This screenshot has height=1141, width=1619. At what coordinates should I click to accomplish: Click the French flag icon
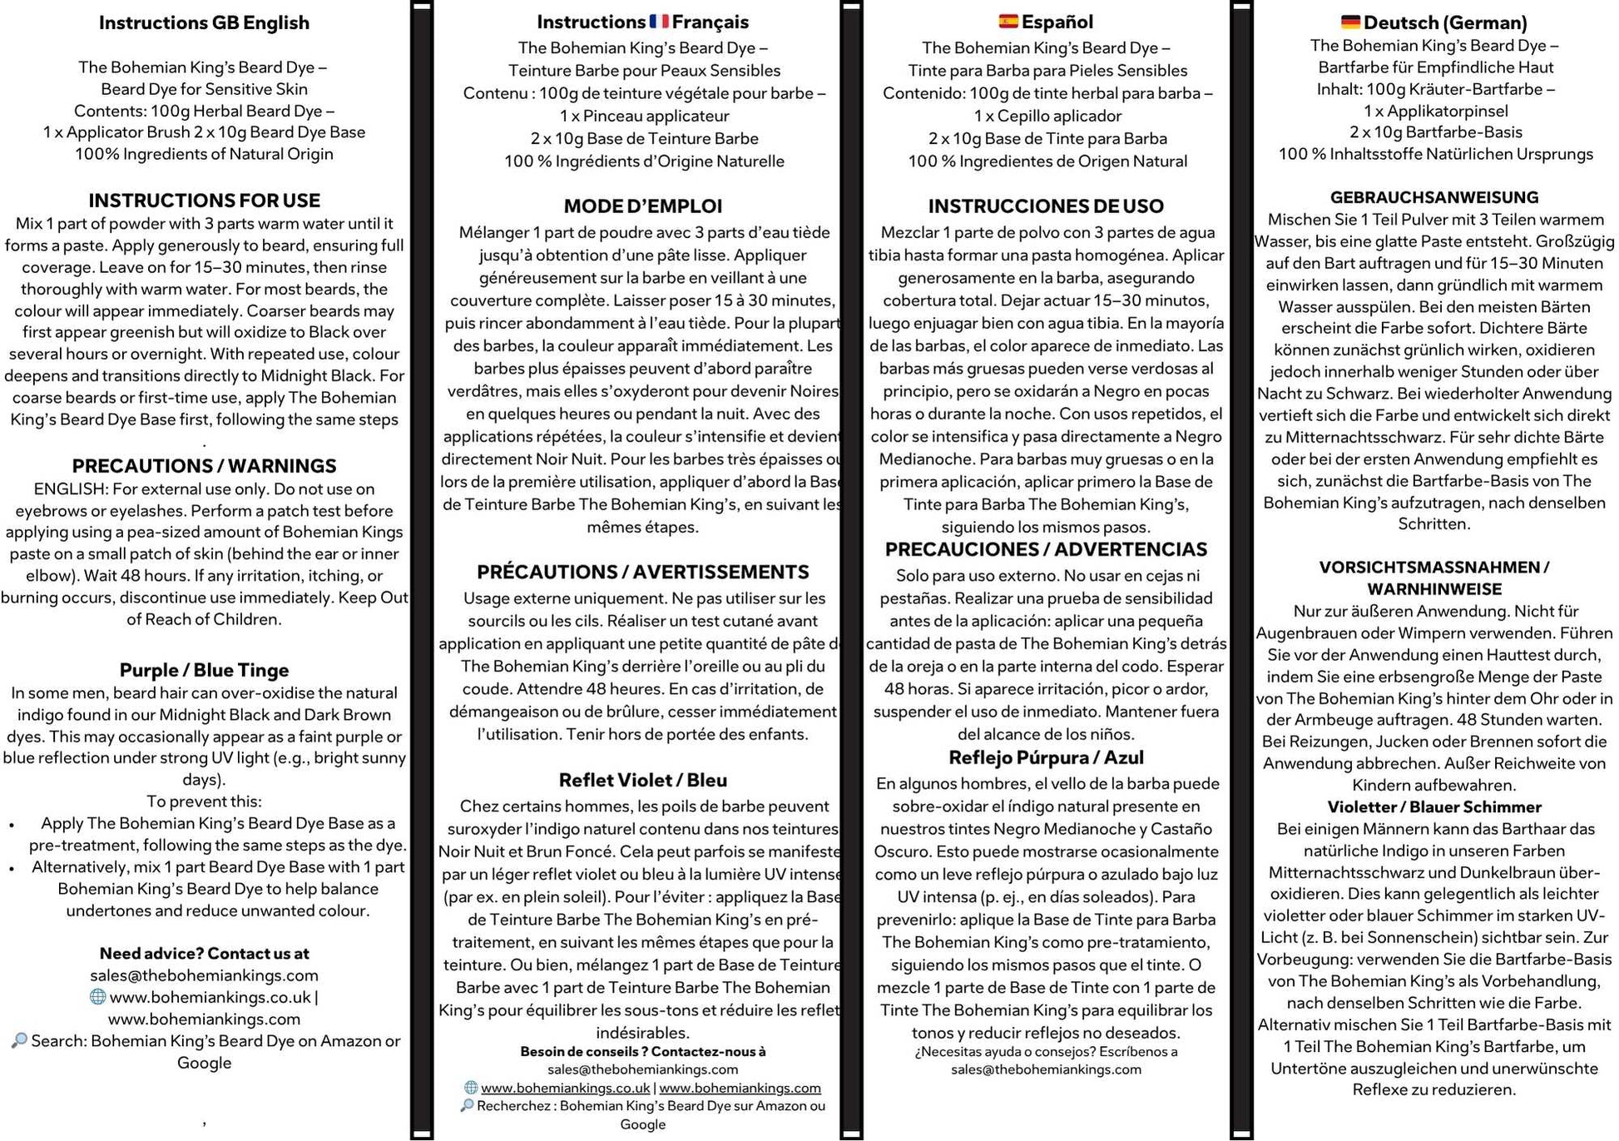coord(659,21)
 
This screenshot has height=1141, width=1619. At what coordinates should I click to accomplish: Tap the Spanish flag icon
coord(1008,21)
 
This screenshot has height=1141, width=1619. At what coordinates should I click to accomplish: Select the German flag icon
coord(1350,22)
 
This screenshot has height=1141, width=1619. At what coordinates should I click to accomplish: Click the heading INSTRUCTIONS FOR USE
coord(204,201)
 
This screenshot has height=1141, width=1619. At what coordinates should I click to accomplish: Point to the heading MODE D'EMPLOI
coord(642,206)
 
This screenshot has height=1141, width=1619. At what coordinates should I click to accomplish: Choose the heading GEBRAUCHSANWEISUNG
coord(1433,197)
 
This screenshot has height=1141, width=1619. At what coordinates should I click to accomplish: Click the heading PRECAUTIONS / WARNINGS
coord(204,466)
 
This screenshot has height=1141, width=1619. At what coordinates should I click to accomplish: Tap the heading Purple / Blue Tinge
coord(204,670)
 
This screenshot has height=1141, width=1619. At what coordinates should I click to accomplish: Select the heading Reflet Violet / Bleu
coord(642,780)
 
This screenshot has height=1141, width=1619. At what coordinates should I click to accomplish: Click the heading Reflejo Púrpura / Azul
coord(1046,757)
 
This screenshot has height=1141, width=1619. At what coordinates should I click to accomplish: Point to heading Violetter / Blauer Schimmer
coord(1433,806)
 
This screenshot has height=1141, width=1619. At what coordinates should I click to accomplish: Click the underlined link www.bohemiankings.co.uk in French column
coord(565,1088)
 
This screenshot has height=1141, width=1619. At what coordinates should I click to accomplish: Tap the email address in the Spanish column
coord(1046,1069)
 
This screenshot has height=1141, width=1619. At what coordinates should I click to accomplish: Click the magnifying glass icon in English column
coord(19,1040)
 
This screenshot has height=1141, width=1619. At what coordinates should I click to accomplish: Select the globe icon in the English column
coord(97,997)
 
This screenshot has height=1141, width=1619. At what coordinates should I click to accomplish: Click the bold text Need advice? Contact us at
coord(204,954)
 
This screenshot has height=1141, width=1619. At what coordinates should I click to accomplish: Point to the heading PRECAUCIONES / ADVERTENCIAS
coord(1046,549)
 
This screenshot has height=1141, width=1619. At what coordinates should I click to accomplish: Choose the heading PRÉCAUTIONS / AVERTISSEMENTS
coord(642,572)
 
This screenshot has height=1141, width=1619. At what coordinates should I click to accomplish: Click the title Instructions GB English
coord(204,22)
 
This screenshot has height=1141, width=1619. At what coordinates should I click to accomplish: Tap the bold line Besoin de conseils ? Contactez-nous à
coord(642,1051)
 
